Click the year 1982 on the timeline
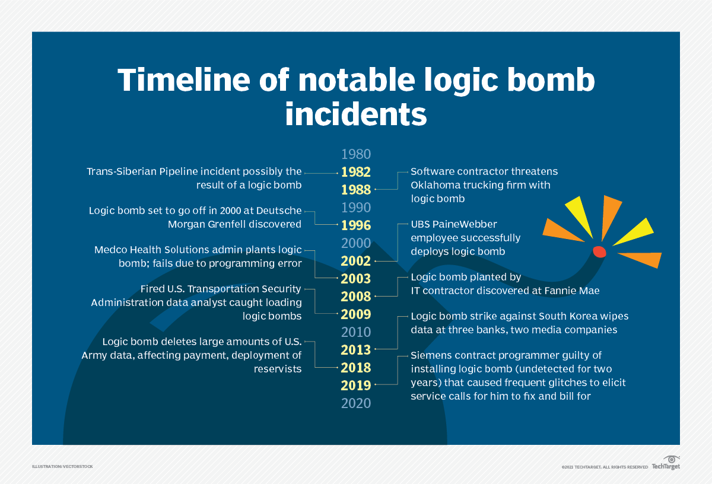pos(356,172)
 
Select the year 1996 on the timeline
pos(356,225)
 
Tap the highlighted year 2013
pos(356,350)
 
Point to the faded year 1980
pos(356,154)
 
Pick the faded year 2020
pos(356,403)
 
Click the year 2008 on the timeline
pos(356,297)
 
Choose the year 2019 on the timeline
pos(356,386)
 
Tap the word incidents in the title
pos(356,114)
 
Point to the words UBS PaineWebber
pos(454,224)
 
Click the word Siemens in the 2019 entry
pos(431,355)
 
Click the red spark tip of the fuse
pos(599,251)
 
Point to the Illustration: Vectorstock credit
pos(62,467)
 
